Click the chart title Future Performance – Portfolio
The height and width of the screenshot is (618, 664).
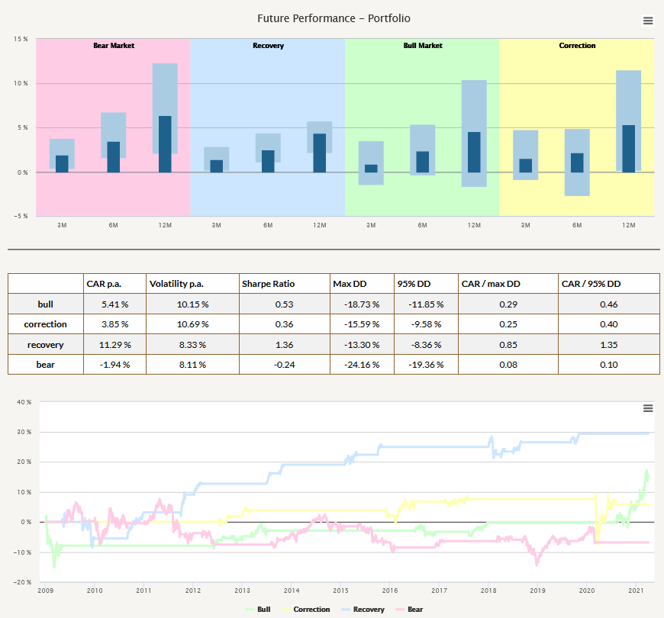pos(334,18)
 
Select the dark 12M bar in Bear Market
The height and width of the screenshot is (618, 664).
pos(165,144)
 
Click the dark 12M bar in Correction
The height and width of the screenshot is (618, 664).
pos(628,149)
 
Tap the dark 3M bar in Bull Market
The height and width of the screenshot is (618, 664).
pos(371,169)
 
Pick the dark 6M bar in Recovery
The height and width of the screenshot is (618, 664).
pos(268,161)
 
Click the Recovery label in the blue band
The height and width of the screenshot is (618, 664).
pos(268,46)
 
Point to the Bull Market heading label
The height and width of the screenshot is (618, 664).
pos(423,46)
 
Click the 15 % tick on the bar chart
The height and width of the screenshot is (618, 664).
pos(21,39)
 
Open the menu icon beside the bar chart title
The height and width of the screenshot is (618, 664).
pos(648,21)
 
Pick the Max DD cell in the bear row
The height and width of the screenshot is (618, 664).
pos(351,365)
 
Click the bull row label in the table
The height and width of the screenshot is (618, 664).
pos(45,304)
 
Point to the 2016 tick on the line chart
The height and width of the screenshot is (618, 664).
pos(390,591)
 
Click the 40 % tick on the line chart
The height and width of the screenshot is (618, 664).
pos(24,402)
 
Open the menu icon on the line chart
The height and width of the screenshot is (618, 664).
pos(648,408)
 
